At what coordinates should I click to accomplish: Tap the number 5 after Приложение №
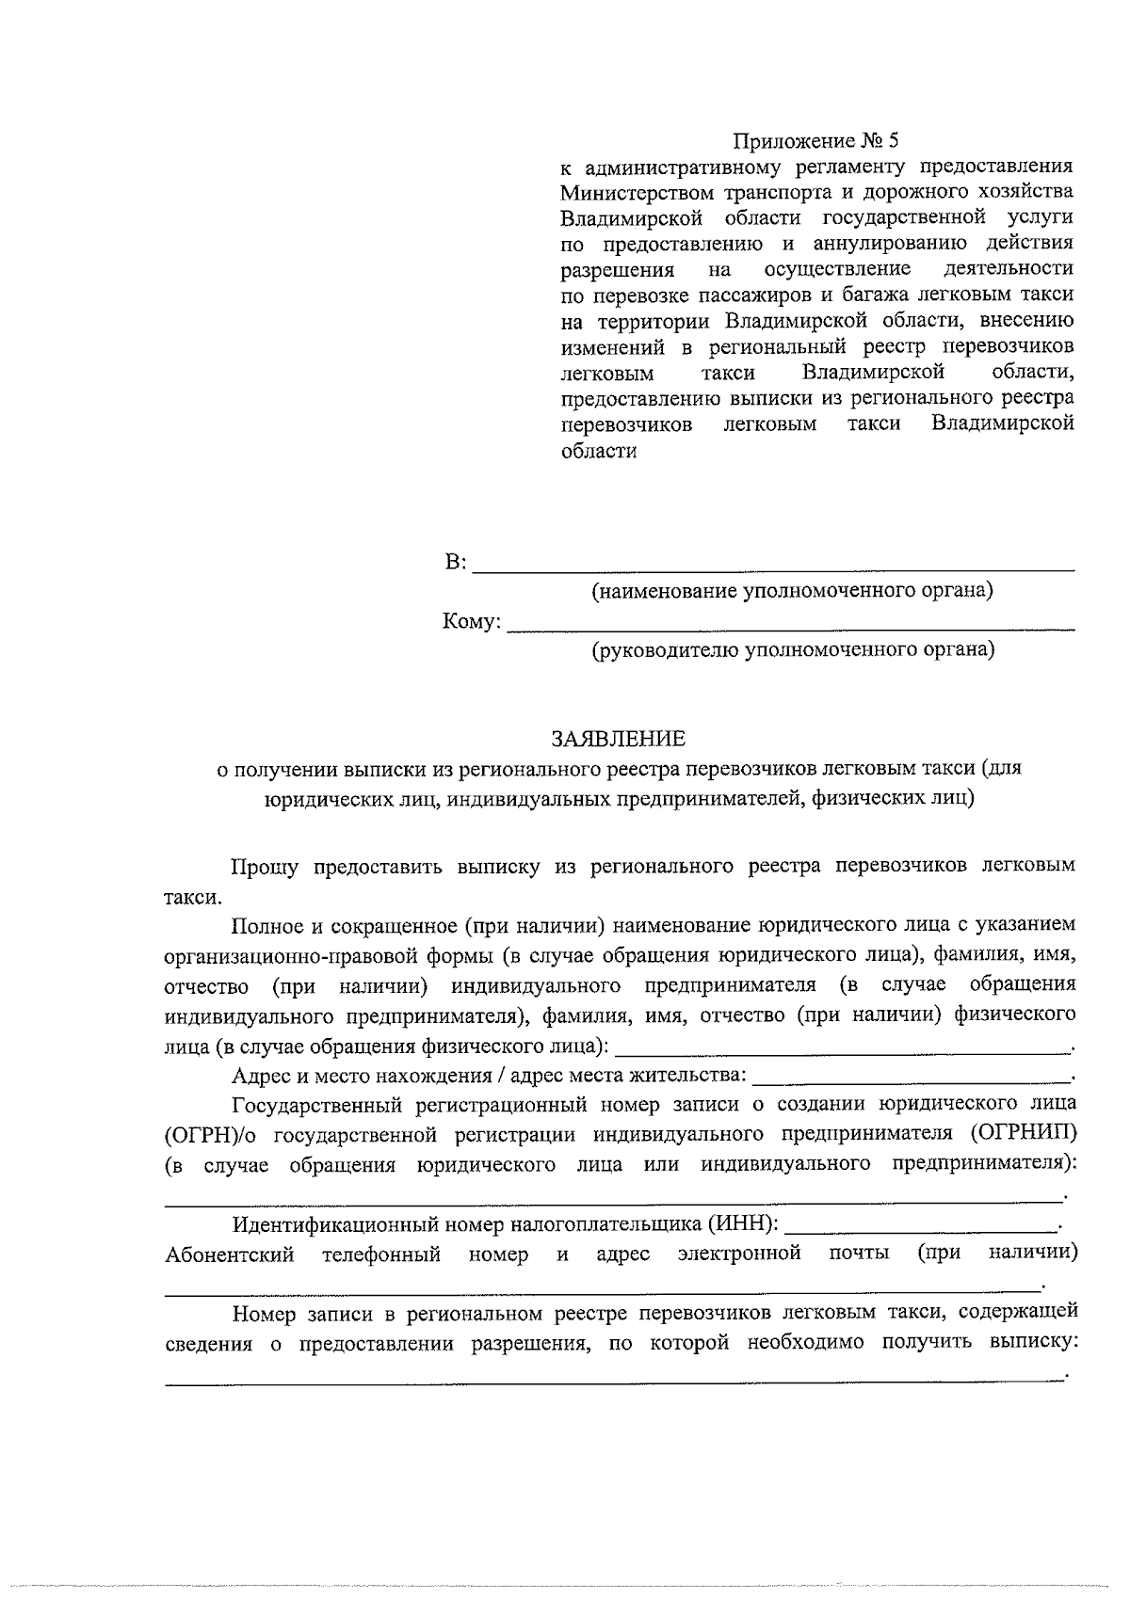(x=893, y=142)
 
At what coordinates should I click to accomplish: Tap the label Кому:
(x=472, y=623)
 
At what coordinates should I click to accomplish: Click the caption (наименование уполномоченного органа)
(x=792, y=591)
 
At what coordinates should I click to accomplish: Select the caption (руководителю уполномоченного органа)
(x=793, y=650)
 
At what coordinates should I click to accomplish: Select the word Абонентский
(x=230, y=1254)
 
